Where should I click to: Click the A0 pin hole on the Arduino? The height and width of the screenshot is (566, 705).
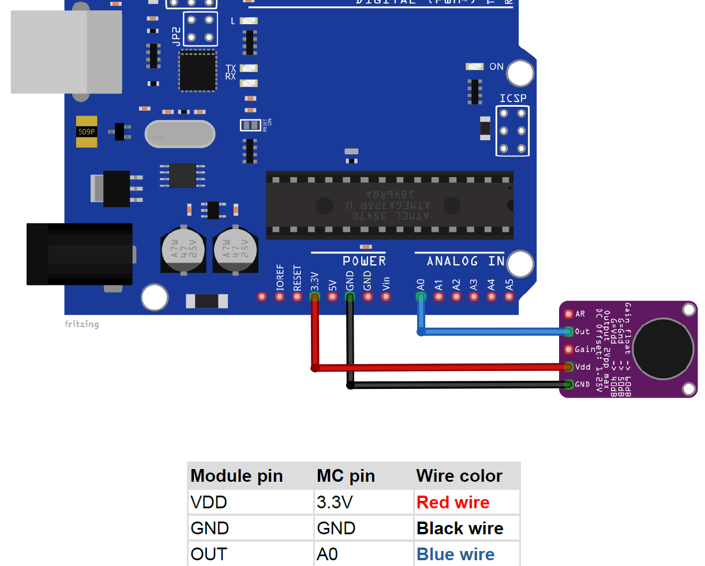tap(421, 297)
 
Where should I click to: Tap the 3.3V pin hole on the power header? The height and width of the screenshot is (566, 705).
tap(314, 297)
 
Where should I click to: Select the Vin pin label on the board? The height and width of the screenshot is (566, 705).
tap(386, 283)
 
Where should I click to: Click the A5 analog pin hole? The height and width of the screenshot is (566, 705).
tap(509, 297)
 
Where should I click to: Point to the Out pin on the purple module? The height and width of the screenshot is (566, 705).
tap(569, 331)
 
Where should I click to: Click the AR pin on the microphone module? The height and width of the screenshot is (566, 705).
tap(569, 314)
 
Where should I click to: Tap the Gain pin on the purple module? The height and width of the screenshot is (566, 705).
tap(569, 349)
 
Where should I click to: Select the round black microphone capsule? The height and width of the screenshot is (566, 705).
tap(663, 348)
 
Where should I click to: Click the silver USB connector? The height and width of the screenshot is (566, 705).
tap(66, 52)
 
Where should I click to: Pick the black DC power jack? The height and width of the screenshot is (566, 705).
tap(80, 254)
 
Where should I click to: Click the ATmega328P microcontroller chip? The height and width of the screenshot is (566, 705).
tap(389, 205)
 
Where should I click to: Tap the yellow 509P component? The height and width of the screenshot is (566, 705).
tap(87, 132)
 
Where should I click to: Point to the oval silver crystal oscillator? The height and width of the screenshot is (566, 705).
tap(179, 134)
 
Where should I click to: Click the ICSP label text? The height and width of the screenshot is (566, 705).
tap(513, 98)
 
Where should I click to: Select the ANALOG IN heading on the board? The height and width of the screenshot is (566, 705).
tap(466, 261)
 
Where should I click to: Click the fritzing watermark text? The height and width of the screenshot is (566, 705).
tap(81, 324)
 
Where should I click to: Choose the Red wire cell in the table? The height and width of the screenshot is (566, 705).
tap(453, 503)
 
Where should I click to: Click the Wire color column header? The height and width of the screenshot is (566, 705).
tap(459, 476)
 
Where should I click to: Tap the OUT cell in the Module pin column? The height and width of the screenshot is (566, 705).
tap(209, 554)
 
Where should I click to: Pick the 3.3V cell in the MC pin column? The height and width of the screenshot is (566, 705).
tap(334, 503)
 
